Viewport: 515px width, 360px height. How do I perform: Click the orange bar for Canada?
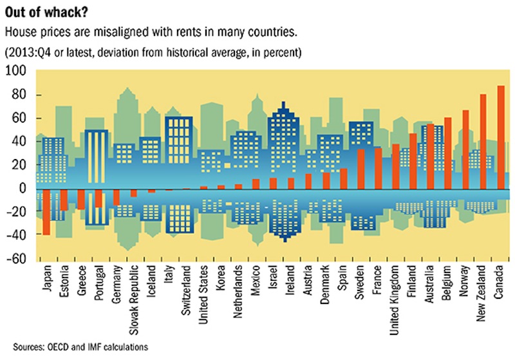(501, 137)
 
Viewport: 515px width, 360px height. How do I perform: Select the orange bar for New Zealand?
(483, 142)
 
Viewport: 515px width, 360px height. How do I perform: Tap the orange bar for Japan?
(46, 212)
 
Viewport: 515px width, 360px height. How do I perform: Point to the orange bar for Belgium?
(448, 153)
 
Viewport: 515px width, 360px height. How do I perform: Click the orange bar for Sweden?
(360, 169)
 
